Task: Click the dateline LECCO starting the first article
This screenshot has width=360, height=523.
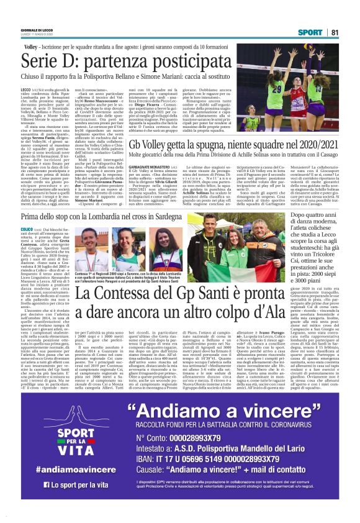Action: [x=27, y=90]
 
